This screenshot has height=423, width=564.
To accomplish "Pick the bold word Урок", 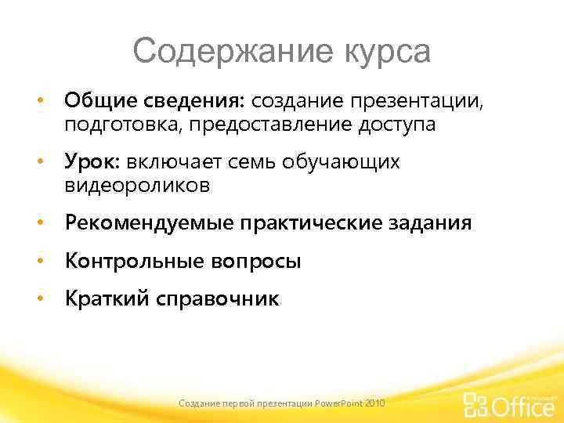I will click(87, 162).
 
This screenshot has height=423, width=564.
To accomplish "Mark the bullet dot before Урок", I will click(38, 163).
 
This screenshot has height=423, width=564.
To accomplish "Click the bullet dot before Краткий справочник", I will click(38, 300).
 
